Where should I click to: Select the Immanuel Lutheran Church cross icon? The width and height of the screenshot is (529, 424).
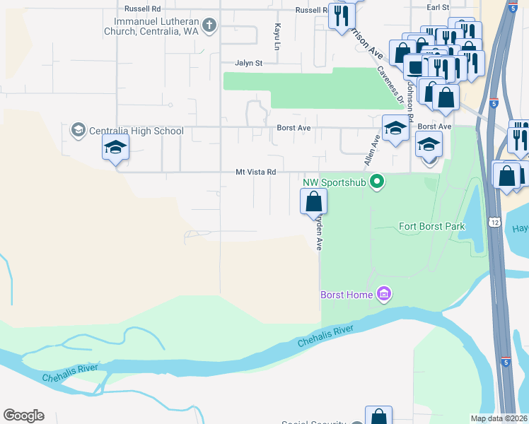209,26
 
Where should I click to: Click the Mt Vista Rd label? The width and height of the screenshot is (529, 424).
255,172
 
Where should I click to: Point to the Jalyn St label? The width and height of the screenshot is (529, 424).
248,63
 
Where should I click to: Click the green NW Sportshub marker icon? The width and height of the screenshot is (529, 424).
377,182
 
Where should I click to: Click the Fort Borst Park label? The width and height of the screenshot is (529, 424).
431,227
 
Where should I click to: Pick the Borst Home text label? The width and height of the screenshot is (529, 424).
346,295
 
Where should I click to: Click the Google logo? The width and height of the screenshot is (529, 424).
23,416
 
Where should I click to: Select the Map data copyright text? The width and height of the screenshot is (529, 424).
499,418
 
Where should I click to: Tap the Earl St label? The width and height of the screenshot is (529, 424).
438,7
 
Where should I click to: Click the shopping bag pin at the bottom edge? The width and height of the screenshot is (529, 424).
378,416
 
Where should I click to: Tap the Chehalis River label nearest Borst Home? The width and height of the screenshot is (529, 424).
324,335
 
